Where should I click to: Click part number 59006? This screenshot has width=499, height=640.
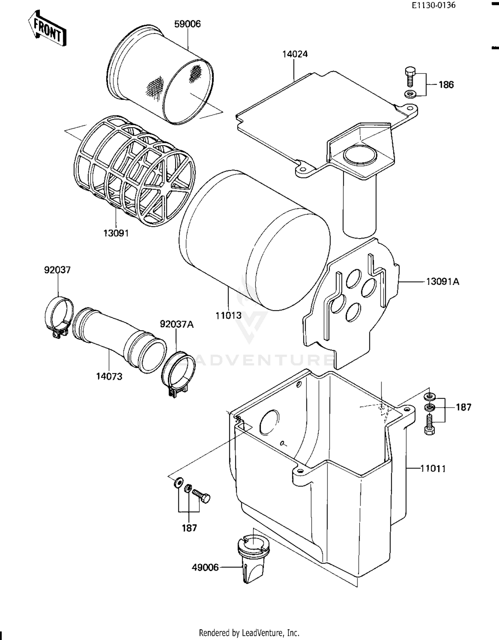point(188,24)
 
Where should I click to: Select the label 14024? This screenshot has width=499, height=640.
point(295,54)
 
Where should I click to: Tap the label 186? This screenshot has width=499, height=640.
point(446,85)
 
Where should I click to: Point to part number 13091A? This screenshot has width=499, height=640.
point(442,282)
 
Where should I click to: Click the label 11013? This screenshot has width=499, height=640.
point(228,315)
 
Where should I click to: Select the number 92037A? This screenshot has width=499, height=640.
point(177,324)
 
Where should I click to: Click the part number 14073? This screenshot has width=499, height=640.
point(109,377)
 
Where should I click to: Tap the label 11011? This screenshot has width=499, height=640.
point(433,469)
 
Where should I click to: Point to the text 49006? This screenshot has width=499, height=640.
point(205,567)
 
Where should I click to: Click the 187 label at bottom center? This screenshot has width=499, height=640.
point(189,528)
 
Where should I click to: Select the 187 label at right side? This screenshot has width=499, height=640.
point(463,407)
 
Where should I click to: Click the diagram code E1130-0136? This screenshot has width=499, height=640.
point(433,5)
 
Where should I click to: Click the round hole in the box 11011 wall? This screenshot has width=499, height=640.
point(269,422)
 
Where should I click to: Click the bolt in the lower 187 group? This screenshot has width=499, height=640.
point(201,497)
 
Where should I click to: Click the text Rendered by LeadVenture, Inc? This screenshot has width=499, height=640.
point(249,632)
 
